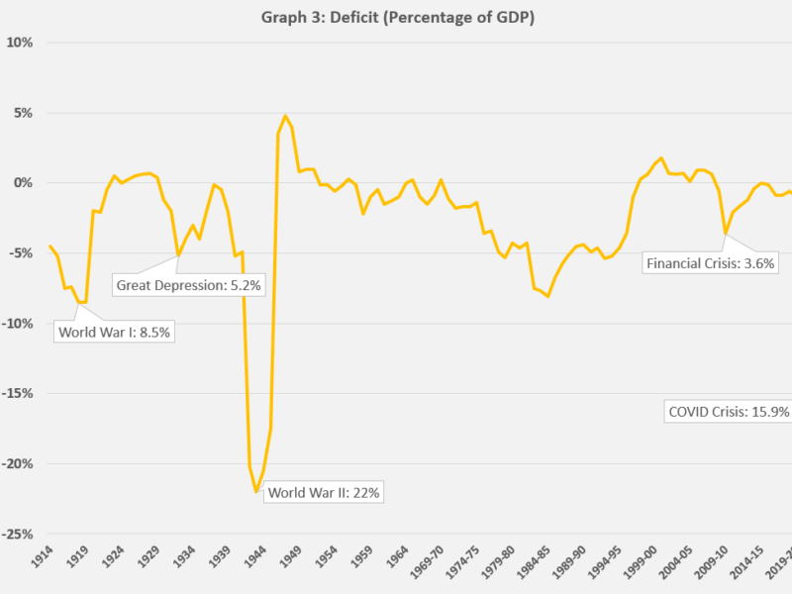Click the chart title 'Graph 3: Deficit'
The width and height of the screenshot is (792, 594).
pos(396,18)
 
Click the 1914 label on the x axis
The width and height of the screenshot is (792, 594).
pos(43,559)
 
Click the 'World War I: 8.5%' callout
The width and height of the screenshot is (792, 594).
pos(115,333)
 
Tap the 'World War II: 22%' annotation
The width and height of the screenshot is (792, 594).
pos(324,492)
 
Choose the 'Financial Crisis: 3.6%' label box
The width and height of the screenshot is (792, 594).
pos(710,263)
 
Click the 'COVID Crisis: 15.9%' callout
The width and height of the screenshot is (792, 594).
pos(728,412)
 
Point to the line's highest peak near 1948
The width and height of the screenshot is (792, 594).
pos(285,116)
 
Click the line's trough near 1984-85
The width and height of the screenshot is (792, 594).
pos(547,296)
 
